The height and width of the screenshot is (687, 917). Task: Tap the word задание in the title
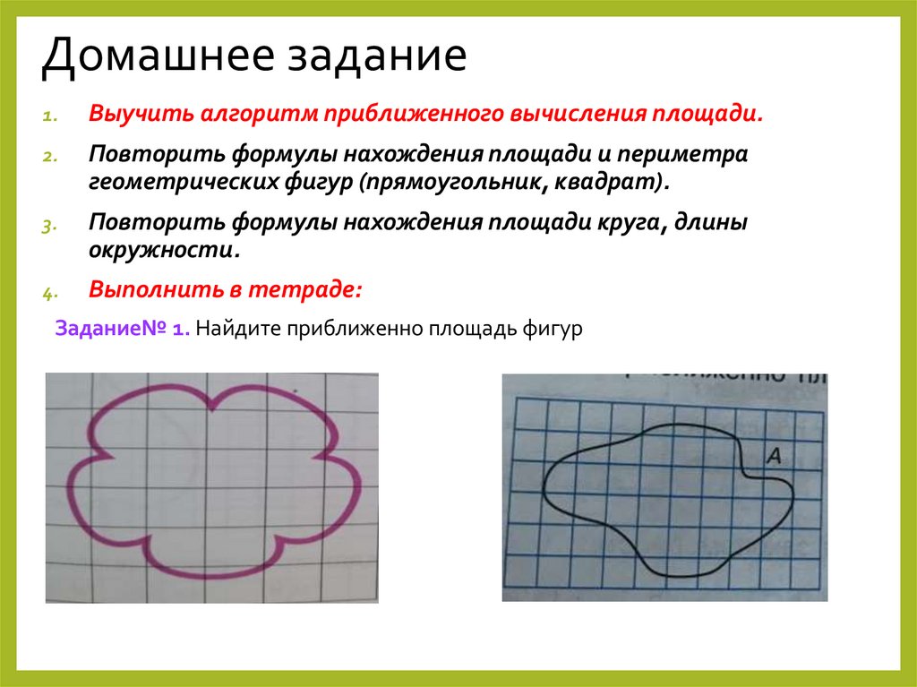[376, 57]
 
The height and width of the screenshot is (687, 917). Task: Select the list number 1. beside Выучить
[48, 116]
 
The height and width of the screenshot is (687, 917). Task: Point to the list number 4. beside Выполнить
[48, 291]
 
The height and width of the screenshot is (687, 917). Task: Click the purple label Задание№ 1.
[122, 328]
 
